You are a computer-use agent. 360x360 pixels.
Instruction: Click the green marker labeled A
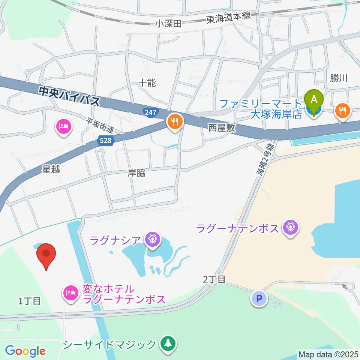pyautogui.click(x=315, y=100)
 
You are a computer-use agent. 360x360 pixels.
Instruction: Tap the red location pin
pyautogui.click(x=46, y=255)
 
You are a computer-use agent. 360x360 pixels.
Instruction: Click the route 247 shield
pyautogui.click(x=151, y=112)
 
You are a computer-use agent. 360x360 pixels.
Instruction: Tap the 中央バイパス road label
pyautogui.click(x=70, y=95)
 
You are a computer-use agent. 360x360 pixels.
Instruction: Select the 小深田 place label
pyautogui.click(x=168, y=24)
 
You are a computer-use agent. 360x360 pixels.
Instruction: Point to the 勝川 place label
pyautogui.click(x=339, y=78)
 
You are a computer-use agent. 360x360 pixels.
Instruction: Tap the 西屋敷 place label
pyautogui.click(x=222, y=128)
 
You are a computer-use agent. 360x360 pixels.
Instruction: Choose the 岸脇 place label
pyautogui.click(x=136, y=173)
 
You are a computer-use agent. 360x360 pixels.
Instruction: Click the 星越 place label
pyautogui.click(x=51, y=169)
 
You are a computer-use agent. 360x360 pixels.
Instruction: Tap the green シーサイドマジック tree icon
pyautogui.click(x=167, y=343)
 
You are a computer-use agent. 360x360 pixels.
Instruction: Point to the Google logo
pyautogui.click(x=25, y=351)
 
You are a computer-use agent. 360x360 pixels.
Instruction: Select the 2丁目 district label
pyautogui.click(x=214, y=279)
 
